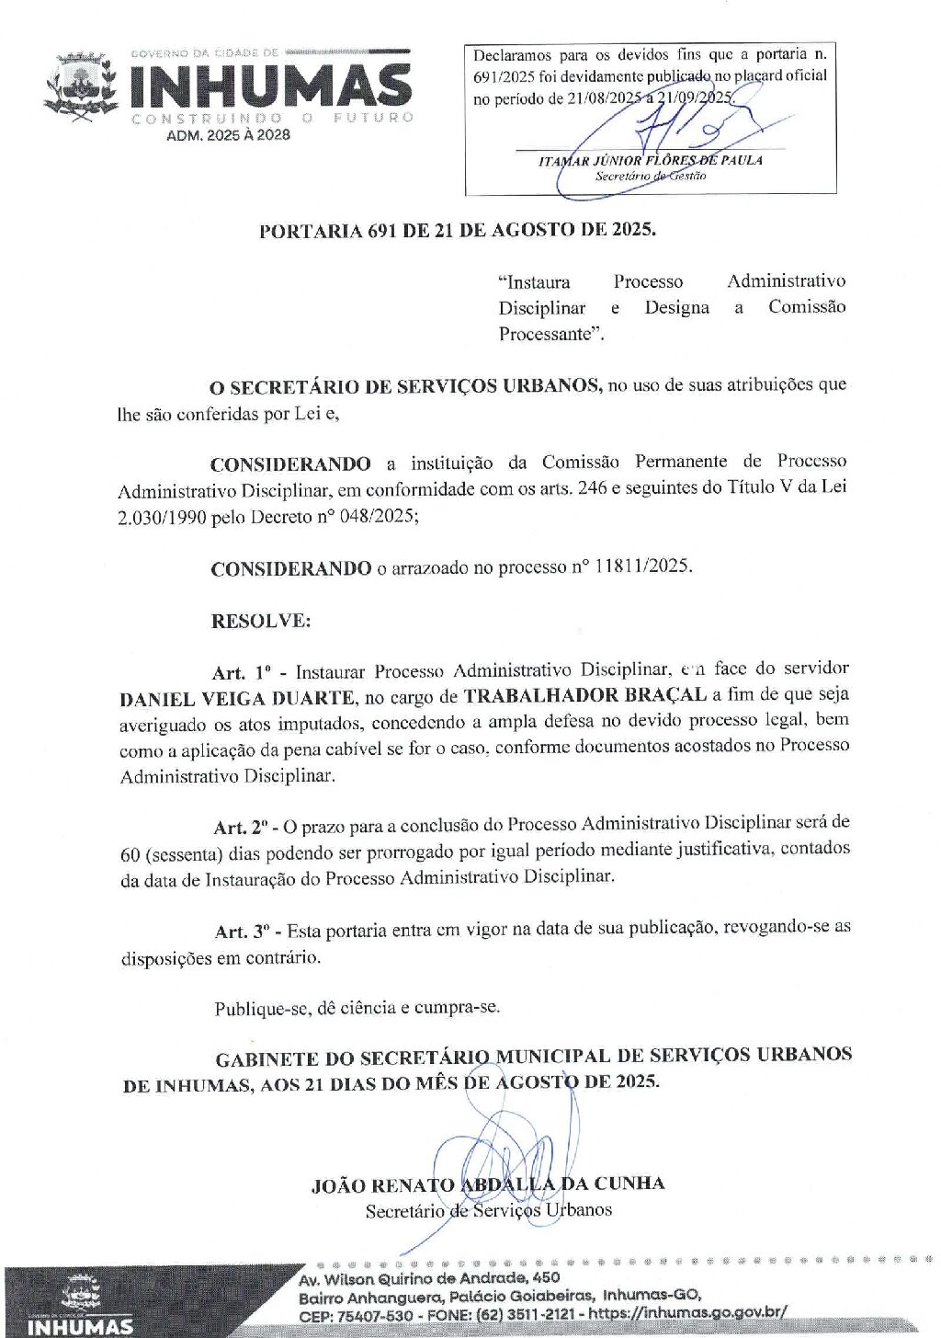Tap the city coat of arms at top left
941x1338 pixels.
(81, 87)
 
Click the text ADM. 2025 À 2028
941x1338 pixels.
(228, 135)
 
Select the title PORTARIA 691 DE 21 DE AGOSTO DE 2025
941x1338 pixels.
(458, 230)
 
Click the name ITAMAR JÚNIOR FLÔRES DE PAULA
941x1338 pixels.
(651, 160)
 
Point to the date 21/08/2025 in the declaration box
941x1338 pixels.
(605, 98)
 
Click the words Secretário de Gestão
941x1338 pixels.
(651, 176)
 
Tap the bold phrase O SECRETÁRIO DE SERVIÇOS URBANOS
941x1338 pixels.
(405, 386)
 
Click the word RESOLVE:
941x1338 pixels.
(261, 621)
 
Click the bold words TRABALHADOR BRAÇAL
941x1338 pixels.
(584, 695)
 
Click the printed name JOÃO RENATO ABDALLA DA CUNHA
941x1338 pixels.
(488, 1184)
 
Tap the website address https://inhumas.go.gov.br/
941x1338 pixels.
(687, 1313)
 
